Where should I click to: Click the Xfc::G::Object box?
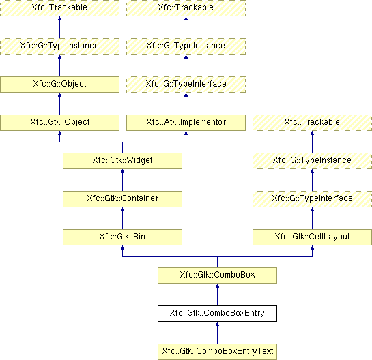(59, 85)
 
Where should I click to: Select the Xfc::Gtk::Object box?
(59, 123)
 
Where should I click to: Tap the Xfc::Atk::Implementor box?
(186, 123)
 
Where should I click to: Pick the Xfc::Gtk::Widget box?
(122, 161)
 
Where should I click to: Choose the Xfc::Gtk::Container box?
(122, 199)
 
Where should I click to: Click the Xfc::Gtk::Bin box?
(122, 237)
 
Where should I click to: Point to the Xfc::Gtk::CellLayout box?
(312, 237)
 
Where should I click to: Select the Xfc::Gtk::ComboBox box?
(217, 275)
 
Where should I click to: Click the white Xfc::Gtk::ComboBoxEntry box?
(217, 314)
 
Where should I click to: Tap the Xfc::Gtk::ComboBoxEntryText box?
(217, 351)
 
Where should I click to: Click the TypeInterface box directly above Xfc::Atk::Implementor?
(186, 85)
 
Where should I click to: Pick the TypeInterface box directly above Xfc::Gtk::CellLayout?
(312, 199)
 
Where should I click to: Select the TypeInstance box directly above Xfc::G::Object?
(59, 46)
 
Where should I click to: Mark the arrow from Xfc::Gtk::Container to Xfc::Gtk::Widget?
(122, 180)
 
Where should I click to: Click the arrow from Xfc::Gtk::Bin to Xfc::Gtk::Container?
(122, 218)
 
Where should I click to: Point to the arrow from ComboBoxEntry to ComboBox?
(217, 295)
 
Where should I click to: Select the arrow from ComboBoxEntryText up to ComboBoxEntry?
(217, 333)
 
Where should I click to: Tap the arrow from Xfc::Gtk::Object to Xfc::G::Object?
(59, 104)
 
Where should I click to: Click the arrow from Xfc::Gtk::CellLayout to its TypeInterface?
(312, 218)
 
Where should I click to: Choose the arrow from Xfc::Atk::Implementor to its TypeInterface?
(186, 104)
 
